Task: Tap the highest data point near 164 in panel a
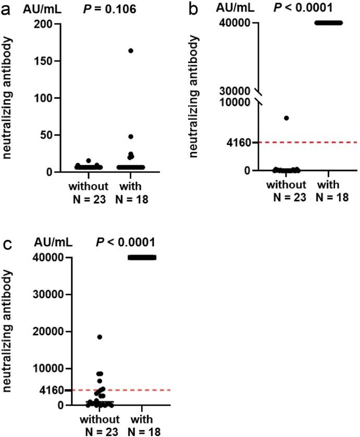[131, 51]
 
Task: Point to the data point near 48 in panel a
[131, 137]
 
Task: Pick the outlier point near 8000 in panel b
[286, 118]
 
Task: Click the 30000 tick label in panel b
[238, 91]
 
